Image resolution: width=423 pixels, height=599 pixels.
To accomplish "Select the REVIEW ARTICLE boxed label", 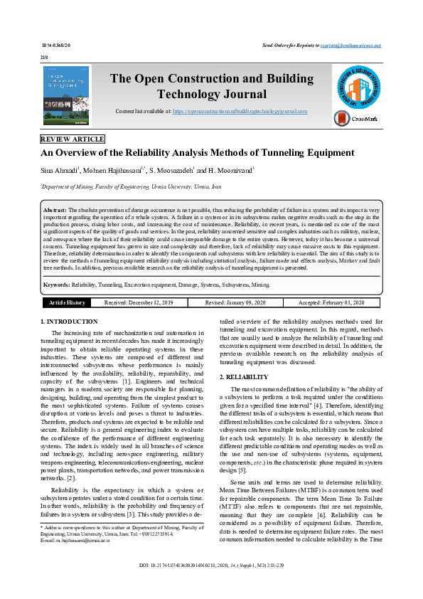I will point(73,139).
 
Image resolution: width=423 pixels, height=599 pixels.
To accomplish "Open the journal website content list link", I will point(240,112).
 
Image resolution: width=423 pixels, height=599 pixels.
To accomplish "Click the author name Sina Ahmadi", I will point(60,171).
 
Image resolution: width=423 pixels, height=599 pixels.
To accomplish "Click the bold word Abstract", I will point(55,211).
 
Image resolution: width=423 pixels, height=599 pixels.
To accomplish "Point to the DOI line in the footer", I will point(211,585).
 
